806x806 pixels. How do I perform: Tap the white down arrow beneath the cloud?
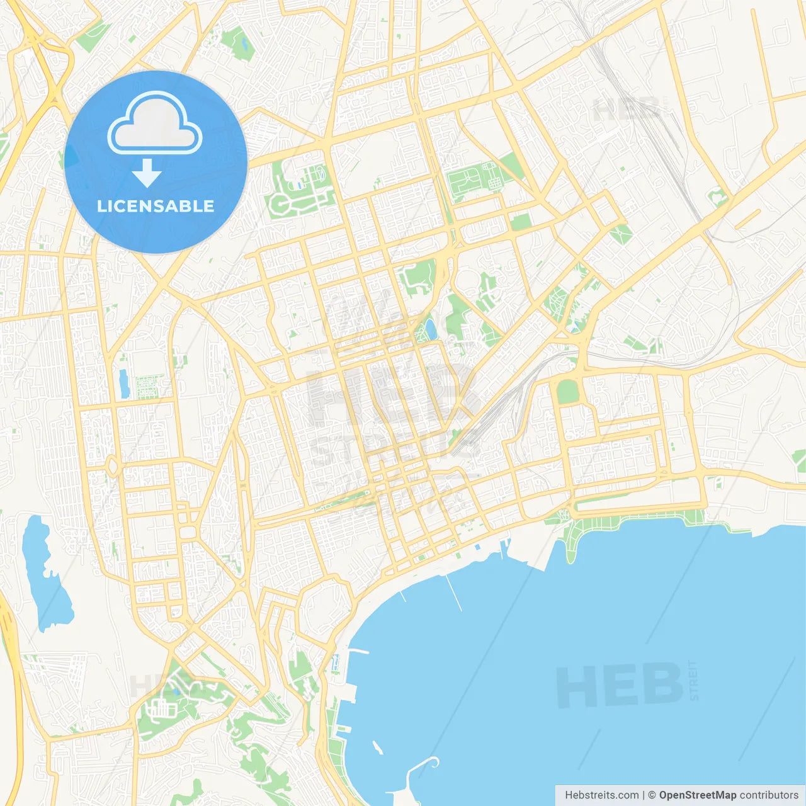coord(147,173)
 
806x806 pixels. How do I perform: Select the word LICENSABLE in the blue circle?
coord(156,206)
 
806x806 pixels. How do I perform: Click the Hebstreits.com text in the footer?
coord(601,795)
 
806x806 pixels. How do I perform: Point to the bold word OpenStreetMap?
coord(697,795)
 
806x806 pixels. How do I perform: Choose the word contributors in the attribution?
coord(768,795)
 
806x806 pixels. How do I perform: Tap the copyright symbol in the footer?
coord(652,795)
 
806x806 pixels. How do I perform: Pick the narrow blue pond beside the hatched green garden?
coord(124,383)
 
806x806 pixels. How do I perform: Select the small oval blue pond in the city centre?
coord(430,328)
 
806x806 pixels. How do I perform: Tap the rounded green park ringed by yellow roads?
coord(567,391)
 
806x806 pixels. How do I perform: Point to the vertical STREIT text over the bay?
coord(693,680)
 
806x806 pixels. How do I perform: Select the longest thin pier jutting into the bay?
coord(454,593)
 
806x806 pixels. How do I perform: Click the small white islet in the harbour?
coord(377,747)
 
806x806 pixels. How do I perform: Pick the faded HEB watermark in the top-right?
coord(626,110)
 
